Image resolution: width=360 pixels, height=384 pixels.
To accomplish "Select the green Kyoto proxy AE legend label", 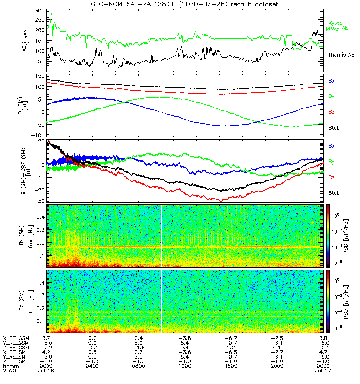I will click(x=338, y=25).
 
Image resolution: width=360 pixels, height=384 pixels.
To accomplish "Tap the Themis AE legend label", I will click(x=340, y=55).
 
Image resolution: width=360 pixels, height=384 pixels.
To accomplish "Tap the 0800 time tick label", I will click(x=138, y=366).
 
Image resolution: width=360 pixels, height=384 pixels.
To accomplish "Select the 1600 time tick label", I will click(x=230, y=366).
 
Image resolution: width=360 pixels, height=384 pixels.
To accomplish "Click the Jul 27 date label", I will click(x=322, y=371).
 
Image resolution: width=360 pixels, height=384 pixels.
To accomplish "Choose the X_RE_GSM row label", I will click(x=16, y=338).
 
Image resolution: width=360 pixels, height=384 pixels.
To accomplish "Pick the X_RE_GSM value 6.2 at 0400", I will click(x=93, y=338).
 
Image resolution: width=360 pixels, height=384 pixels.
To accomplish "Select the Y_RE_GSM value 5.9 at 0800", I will click(x=138, y=343).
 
